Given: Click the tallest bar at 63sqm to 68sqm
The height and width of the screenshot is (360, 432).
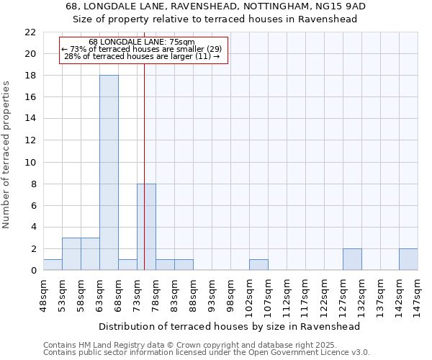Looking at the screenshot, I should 109,173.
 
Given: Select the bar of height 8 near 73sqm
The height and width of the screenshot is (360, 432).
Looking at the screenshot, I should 146,227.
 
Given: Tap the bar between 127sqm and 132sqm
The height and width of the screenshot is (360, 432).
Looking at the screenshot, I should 352,259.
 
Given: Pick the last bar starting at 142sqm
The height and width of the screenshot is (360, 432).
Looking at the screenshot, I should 408,259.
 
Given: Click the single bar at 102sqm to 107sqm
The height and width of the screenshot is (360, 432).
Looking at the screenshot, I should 258,265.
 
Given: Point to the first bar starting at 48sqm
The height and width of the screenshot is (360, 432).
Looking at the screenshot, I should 53,265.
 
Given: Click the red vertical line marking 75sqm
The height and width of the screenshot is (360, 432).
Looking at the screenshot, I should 145,144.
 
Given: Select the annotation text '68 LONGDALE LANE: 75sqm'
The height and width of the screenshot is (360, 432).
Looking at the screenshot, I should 142,42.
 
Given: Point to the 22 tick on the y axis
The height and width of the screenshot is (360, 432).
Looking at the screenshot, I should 30,32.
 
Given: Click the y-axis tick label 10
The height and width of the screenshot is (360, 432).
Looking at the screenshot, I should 30,162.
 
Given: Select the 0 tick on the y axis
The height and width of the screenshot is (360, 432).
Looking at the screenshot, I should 33,271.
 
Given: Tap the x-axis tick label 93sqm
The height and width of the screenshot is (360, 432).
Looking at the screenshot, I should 212,292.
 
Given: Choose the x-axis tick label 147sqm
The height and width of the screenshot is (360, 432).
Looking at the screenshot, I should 418,292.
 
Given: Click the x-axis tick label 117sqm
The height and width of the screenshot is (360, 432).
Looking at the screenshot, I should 305,292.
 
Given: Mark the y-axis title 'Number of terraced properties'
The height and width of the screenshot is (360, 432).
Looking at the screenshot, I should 7,155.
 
